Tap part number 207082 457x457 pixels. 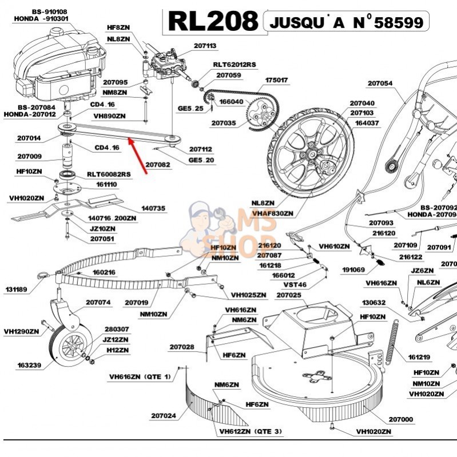pos(158,165)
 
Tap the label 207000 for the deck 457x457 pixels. pos(400,419)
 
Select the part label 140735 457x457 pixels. pos(153,208)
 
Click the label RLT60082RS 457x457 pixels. pos(109,174)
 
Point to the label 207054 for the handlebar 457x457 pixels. pos(380,83)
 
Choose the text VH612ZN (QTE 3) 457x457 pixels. pos(251,431)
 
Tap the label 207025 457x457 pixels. pos(288,295)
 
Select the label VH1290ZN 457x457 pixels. pos(21,331)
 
